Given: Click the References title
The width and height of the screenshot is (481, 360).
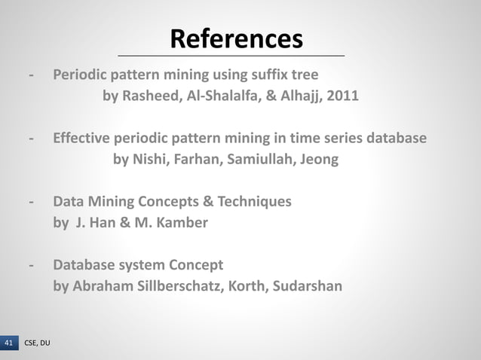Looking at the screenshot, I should [x=236, y=38].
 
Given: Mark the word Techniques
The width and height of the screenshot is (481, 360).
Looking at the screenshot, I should [x=254, y=202].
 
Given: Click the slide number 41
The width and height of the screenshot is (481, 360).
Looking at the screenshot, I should [x=9, y=343].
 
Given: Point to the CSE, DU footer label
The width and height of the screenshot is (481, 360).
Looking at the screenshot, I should [x=37, y=343].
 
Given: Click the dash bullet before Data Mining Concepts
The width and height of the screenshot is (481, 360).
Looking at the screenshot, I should [x=30, y=202].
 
